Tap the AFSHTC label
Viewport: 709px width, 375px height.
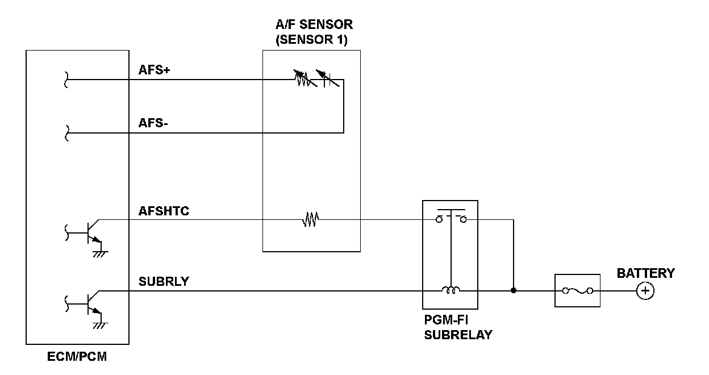pos(164,211)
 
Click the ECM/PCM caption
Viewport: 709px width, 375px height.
pos(77,357)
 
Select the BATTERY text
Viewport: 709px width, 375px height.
pos(646,273)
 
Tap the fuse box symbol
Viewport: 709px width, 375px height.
pos(577,291)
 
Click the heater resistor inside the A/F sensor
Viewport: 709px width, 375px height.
pos(311,219)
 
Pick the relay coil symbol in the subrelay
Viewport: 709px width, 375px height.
pos(451,290)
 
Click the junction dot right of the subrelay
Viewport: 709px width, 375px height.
pos(514,291)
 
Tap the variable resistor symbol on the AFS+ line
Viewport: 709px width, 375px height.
pos(305,80)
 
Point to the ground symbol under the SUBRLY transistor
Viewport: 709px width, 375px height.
pos(100,324)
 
